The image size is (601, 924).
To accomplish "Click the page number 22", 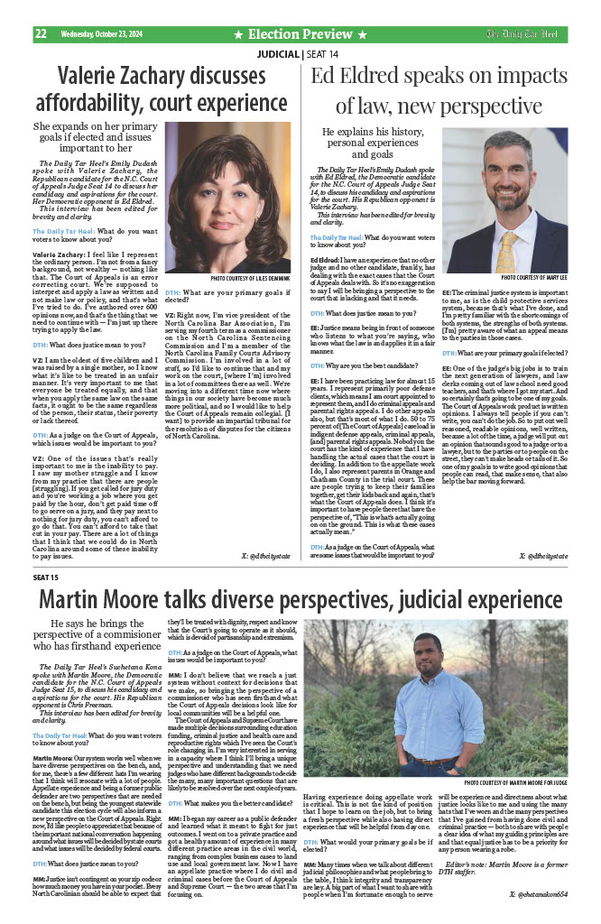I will click(41, 34).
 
